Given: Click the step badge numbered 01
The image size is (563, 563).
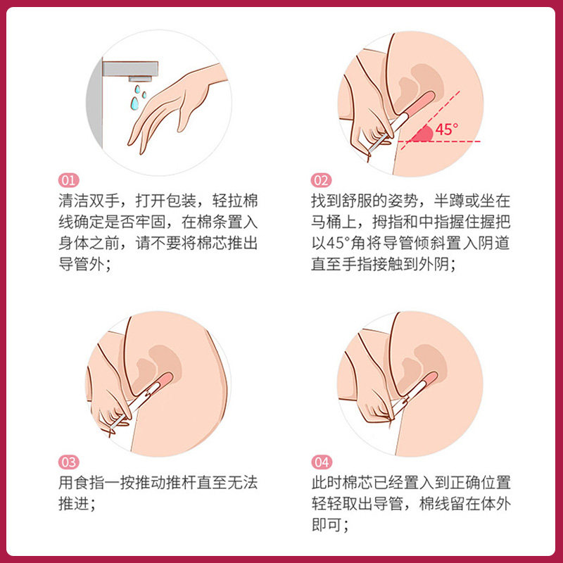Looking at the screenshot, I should coord(68,180).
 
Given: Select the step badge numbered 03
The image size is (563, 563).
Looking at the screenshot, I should coord(68,462).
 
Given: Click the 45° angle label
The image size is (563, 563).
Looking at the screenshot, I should coord(446,129).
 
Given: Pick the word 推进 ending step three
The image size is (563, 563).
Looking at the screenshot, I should coord(74,505).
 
